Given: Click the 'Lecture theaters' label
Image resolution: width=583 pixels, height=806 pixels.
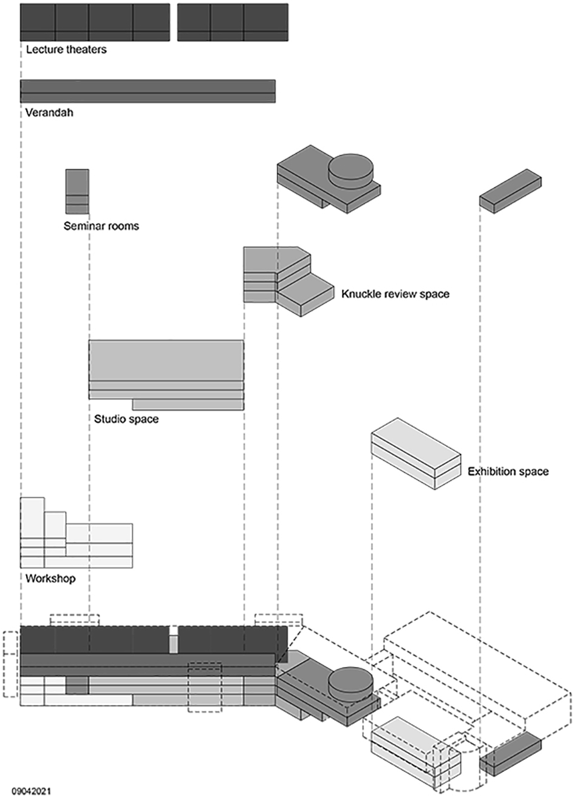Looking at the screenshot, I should tap(66, 50).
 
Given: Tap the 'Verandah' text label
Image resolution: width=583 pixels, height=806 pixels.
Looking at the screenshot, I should tap(49, 113).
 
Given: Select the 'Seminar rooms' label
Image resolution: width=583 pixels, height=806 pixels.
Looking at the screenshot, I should tap(101, 226).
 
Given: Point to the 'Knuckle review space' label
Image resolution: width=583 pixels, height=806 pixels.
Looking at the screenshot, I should tap(395, 294).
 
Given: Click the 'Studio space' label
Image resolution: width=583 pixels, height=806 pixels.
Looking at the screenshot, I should tap(126, 419).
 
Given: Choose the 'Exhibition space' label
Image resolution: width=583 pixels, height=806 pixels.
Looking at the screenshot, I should tap(508, 472).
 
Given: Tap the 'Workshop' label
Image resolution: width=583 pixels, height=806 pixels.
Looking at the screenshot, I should tap(50, 579).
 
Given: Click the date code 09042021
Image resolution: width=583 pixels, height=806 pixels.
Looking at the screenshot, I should tap(31, 791).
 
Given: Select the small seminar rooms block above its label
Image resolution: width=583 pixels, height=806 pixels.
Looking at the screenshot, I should tap(77, 191).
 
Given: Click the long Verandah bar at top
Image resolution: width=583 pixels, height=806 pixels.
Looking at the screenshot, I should tap(148, 91).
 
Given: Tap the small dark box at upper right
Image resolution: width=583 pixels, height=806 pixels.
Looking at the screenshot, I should tap(510, 191).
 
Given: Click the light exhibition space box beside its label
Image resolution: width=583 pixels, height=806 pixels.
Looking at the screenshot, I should tap(415, 452).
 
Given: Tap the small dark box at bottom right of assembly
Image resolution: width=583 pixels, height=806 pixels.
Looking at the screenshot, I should tap(510, 754).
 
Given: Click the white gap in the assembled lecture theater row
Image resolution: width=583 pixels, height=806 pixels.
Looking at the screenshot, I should tap(174, 640).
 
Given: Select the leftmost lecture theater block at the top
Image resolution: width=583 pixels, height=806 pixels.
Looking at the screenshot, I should tap(38, 22).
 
